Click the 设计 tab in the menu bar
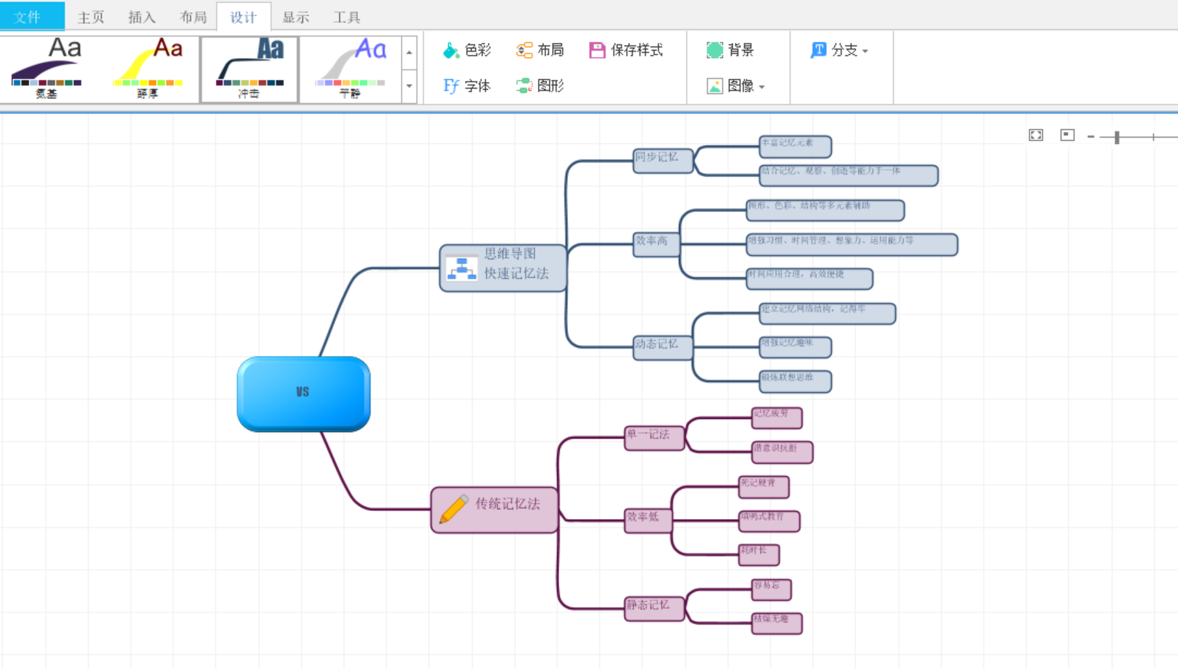point(244,17)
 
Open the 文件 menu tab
point(28,17)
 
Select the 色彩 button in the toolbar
point(467,50)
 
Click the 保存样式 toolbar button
point(627,50)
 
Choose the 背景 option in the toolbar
point(730,50)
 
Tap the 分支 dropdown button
point(839,50)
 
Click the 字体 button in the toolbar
point(467,86)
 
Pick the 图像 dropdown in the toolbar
point(736,86)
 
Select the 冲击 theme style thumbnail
point(249,70)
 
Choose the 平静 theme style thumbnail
point(350,70)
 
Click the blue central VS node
point(303,394)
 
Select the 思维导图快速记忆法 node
point(503,267)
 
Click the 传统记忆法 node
point(495,510)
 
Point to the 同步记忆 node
point(662,160)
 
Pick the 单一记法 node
point(654,438)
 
